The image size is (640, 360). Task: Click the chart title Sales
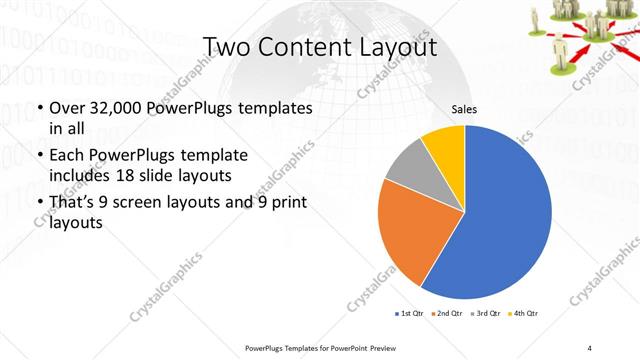pyautogui.click(x=463, y=107)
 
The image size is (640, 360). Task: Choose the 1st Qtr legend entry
pyautogui.click(x=410, y=314)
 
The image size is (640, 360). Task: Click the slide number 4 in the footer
pyautogui.click(x=590, y=347)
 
